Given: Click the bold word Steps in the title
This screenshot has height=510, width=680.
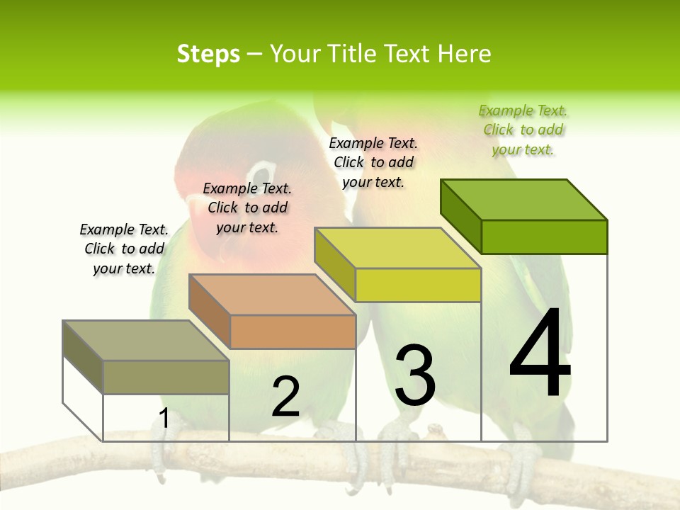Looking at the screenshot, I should point(208,54).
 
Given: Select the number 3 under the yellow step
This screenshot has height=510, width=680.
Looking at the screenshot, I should point(415,375).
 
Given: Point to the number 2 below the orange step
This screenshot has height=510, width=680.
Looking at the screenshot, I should point(286,397).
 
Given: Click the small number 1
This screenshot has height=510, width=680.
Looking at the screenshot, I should point(164,418).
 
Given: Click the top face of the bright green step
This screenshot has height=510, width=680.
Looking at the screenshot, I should point(524,200).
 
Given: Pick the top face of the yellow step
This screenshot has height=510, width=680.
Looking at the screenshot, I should point(398,248).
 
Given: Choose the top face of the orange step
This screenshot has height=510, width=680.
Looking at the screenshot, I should point(272,295).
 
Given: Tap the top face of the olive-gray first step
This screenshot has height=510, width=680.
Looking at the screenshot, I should point(146,341).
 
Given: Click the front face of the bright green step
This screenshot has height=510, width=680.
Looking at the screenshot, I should point(544,237).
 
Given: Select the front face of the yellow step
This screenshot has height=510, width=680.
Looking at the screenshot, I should point(418,285).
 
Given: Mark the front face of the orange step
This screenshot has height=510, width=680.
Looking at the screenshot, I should point(293,331).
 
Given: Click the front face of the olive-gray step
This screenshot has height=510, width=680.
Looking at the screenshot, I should point(166,377).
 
